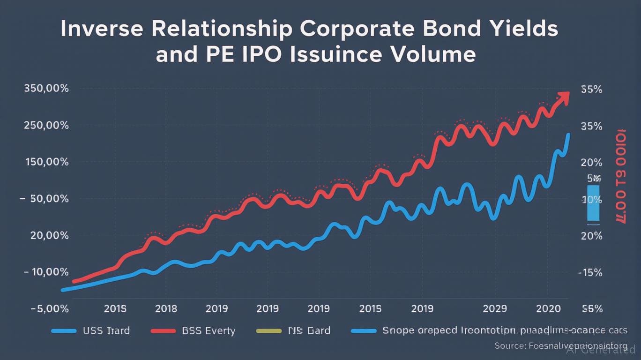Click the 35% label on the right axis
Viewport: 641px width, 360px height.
591,126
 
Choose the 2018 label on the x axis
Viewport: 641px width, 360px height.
166,308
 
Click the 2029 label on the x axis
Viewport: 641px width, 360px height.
495,308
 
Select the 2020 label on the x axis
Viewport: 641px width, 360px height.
549,308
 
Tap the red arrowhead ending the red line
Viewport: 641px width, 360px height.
563,97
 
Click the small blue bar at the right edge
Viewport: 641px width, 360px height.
593,202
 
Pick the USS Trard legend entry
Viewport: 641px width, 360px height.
106,330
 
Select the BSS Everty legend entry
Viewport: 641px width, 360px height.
208,330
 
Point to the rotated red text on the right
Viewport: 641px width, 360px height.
620,174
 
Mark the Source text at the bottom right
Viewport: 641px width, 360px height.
560,346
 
